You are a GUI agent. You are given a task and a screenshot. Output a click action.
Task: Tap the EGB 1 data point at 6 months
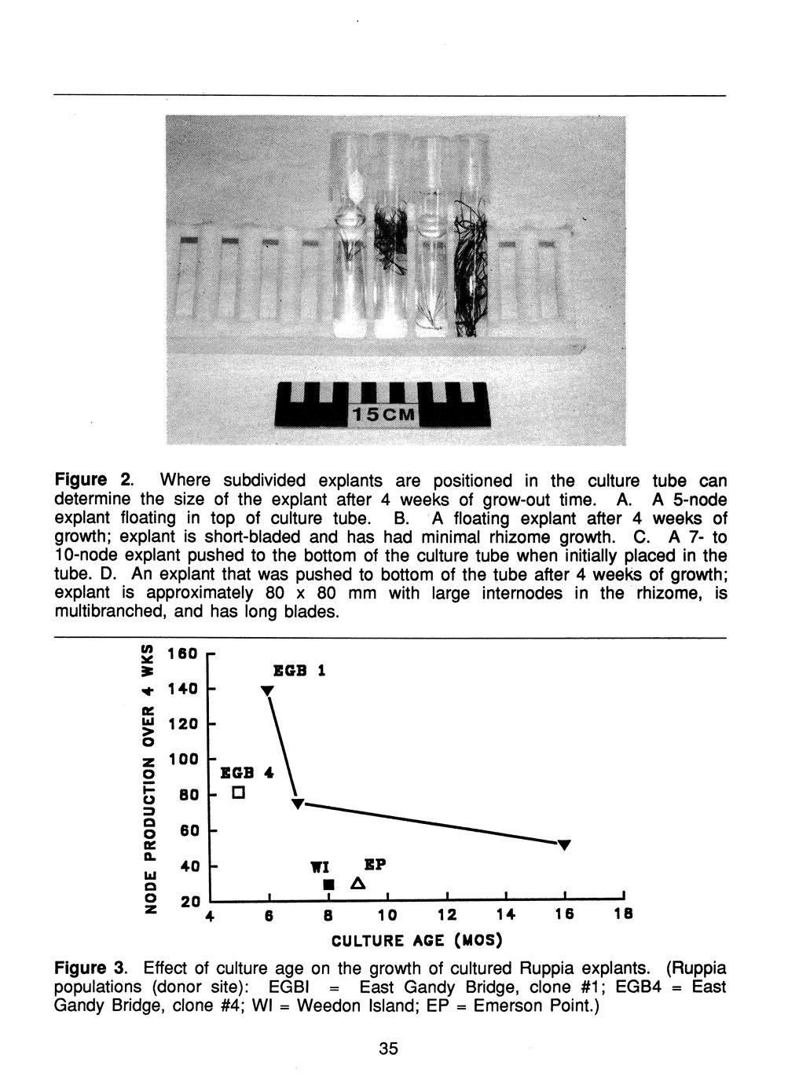tap(268, 690)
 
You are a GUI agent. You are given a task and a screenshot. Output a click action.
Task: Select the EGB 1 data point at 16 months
tap(563, 844)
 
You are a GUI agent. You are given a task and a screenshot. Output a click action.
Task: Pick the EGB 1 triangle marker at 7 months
tap(298, 804)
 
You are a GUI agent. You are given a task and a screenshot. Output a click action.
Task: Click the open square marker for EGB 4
tap(240, 792)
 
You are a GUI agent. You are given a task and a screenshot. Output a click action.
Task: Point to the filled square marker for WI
tap(329, 885)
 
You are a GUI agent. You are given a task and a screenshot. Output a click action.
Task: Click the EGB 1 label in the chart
tap(299, 671)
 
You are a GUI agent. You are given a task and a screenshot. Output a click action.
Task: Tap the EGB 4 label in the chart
tap(247, 773)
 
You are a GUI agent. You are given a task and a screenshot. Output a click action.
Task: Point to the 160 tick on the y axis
tap(184, 654)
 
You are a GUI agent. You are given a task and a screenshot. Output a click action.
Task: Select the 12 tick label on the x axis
tap(446, 915)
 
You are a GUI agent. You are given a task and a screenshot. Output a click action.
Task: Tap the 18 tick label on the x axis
tap(622, 915)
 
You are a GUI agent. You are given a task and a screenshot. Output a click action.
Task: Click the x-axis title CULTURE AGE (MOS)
tap(416, 939)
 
